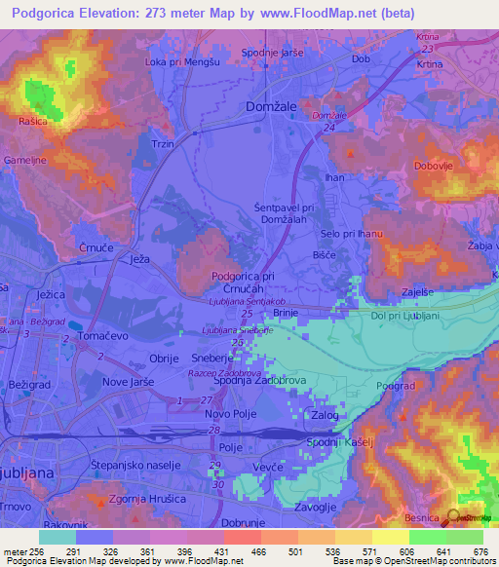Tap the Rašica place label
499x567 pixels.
pos(31,122)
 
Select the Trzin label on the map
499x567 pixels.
pos(164,143)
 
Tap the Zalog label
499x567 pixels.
pos(324,416)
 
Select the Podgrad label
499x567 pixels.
pos(398,387)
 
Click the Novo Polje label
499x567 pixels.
pos(231,416)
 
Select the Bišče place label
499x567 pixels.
pos(324,254)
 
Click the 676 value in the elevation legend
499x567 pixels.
pos(479,551)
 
